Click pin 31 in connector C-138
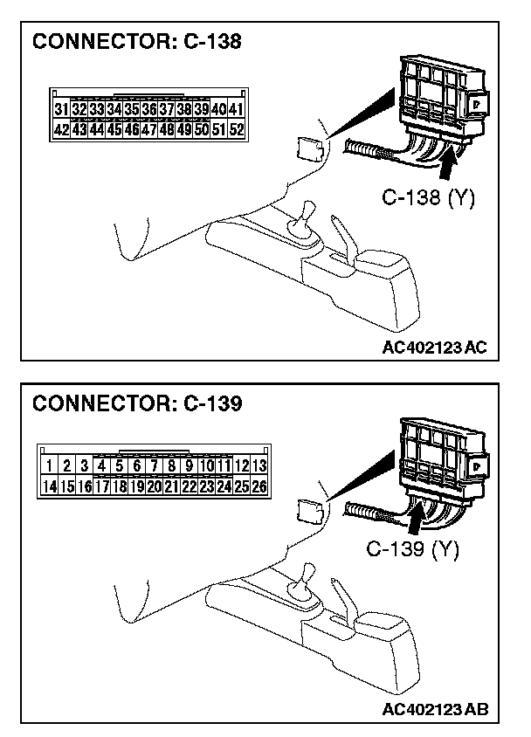pyautogui.click(x=61, y=110)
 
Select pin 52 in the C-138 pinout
pyautogui.click(x=236, y=129)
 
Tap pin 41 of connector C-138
pyautogui.click(x=236, y=110)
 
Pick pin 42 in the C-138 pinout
pyautogui.click(x=61, y=129)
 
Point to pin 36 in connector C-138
pyautogui.click(x=148, y=110)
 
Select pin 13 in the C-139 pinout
pyautogui.click(x=259, y=466)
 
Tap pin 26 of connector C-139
pyautogui.click(x=259, y=486)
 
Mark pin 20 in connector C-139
pyautogui.click(x=154, y=486)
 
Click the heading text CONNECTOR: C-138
pyautogui.click(x=137, y=42)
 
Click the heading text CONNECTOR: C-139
pyautogui.click(x=137, y=403)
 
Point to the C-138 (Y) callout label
pyautogui.click(x=428, y=198)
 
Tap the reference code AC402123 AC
pyautogui.click(x=434, y=348)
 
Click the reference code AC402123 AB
pyautogui.click(x=434, y=709)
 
